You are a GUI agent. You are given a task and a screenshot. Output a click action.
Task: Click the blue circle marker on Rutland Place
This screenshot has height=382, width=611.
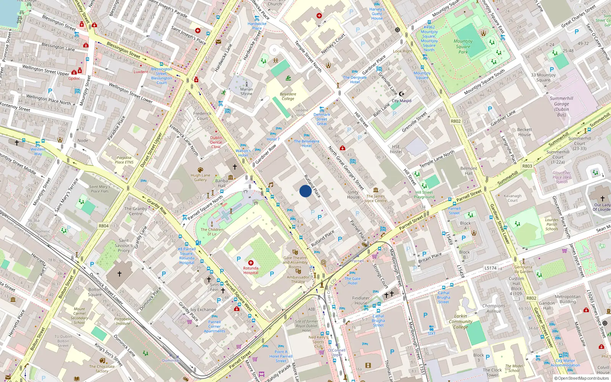coord(305,191)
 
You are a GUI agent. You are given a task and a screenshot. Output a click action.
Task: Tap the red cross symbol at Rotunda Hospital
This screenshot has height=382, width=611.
coord(251,263)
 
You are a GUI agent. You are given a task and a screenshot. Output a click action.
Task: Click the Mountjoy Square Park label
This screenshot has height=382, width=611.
coord(463,47)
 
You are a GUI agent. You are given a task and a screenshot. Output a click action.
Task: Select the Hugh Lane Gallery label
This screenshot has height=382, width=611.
coord(200,177)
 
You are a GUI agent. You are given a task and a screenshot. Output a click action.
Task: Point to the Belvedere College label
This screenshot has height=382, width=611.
coord(288,96)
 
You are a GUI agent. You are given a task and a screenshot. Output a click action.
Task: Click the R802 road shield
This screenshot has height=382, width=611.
coord(456,121)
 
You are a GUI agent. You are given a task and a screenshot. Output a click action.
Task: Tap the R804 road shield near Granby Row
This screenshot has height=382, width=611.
coord(103,226)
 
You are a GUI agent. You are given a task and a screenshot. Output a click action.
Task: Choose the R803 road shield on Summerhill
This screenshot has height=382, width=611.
coord(527,166)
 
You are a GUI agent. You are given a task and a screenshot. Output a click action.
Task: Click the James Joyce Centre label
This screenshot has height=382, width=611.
coord(375,198)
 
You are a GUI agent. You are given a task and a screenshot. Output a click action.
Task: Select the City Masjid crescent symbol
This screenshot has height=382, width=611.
coord(401,94)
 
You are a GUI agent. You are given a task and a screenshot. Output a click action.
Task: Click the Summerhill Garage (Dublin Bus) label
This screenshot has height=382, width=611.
coord(561,107)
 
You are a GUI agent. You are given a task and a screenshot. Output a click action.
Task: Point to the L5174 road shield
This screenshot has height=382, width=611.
coord(490,268)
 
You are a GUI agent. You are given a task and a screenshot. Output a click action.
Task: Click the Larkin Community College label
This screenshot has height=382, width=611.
coord(461,322)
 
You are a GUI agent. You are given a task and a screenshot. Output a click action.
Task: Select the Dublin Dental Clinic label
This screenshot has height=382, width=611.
coord(216,142)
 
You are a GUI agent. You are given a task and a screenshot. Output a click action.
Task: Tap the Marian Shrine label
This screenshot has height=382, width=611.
coord(246,91)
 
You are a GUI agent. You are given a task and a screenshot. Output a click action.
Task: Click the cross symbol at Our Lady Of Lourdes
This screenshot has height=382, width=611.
coord(603,199)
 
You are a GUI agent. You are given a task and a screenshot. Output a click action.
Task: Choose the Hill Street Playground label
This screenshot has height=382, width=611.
coord(424,195)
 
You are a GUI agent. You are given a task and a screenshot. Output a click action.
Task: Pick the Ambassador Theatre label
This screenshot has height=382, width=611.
coord(298,279)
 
